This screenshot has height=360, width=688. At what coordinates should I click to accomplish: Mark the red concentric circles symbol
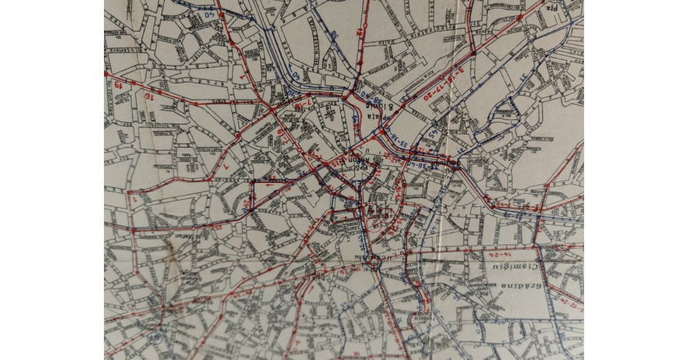[378, 211]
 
